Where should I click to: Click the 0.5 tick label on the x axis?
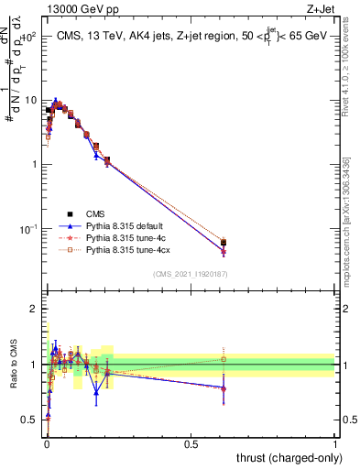(191, 444)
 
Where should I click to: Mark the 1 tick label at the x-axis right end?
(334, 444)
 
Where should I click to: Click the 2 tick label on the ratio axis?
(33, 309)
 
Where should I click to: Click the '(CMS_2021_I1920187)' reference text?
(190, 274)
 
